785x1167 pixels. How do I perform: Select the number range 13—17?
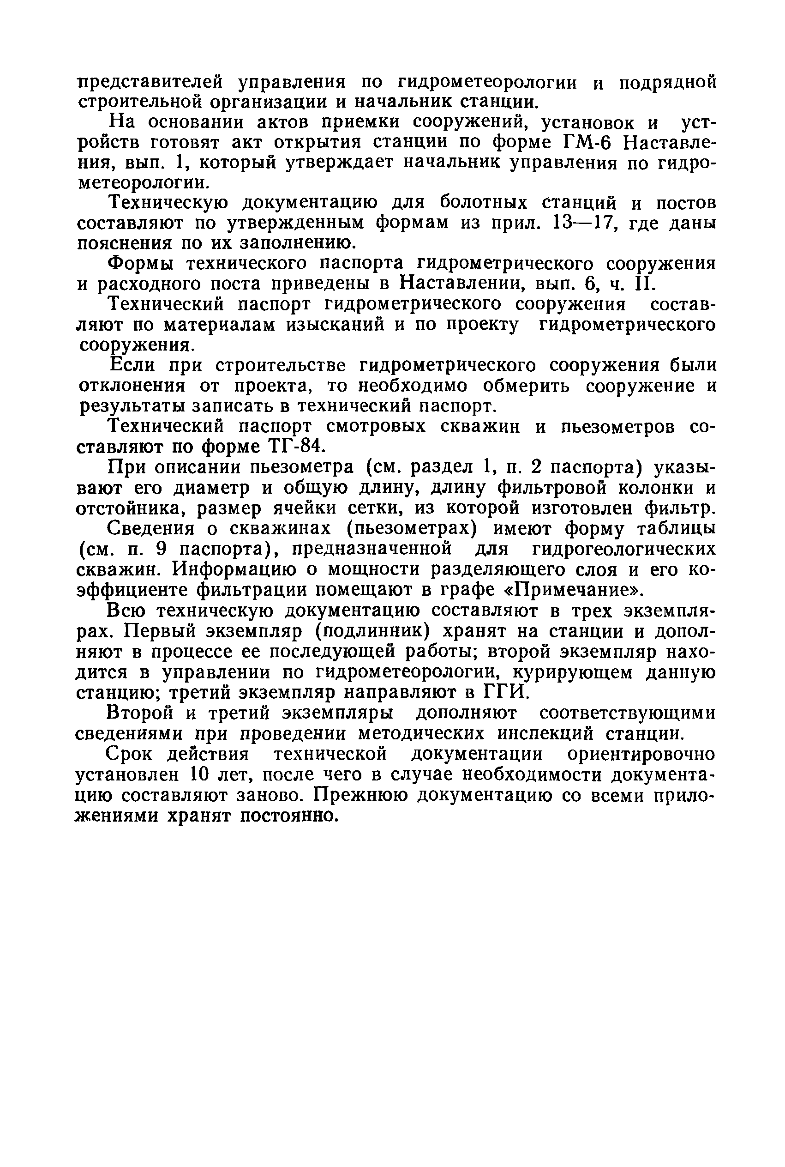pos(580,223)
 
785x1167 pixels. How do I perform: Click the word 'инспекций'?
pos(545,734)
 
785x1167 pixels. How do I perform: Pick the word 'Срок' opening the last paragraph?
pos(131,754)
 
